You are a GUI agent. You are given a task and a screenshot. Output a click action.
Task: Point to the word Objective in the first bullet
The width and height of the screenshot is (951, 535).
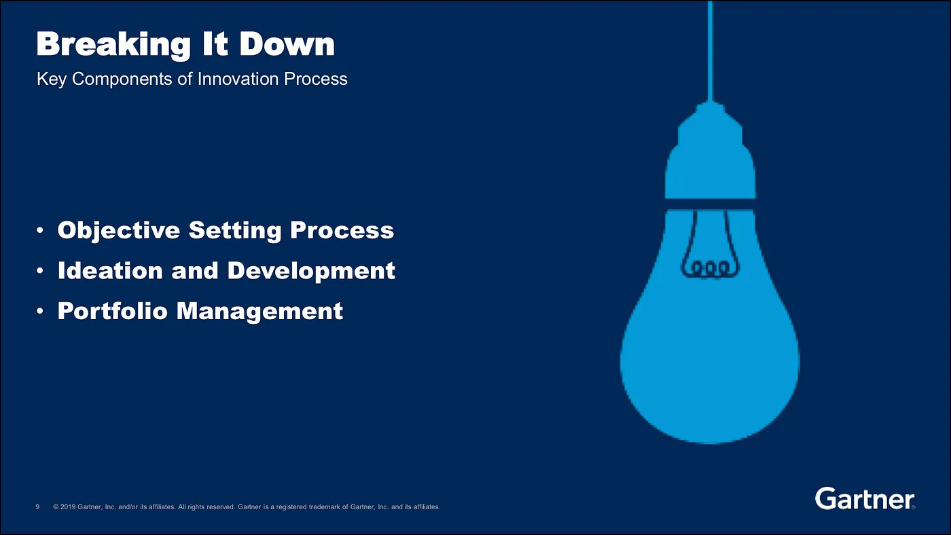tap(119, 231)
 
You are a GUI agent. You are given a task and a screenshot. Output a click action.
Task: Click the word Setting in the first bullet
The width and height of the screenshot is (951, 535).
tap(235, 231)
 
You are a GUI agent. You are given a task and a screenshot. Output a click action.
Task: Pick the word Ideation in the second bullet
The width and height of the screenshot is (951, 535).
tap(110, 270)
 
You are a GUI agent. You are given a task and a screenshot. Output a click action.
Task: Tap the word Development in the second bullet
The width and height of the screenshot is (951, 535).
tap(311, 271)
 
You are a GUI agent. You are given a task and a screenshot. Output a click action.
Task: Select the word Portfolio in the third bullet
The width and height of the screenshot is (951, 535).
tap(113, 310)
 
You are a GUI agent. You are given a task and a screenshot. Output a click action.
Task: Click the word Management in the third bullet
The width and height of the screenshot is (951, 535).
tap(259, 312)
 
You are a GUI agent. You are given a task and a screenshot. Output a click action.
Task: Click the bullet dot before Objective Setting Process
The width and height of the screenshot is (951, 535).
tap(40, 230)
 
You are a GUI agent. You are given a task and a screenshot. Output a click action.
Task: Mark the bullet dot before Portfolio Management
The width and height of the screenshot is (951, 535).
tap(40, 311)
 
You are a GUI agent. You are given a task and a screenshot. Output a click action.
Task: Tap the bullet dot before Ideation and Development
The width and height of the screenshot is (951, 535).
tap(40, 271)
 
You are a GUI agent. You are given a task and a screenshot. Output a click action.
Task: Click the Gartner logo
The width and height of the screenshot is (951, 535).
tap(864, 498)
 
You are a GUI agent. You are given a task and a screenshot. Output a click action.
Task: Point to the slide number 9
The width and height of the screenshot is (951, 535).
tap(37, 507)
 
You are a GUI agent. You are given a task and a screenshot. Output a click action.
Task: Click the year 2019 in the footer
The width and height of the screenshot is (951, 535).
tap(67, 507)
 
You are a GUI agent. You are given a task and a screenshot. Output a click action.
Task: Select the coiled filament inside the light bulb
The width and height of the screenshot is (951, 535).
tap(711, 269)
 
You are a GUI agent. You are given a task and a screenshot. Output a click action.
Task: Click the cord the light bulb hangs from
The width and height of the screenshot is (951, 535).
tap(711, 51)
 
